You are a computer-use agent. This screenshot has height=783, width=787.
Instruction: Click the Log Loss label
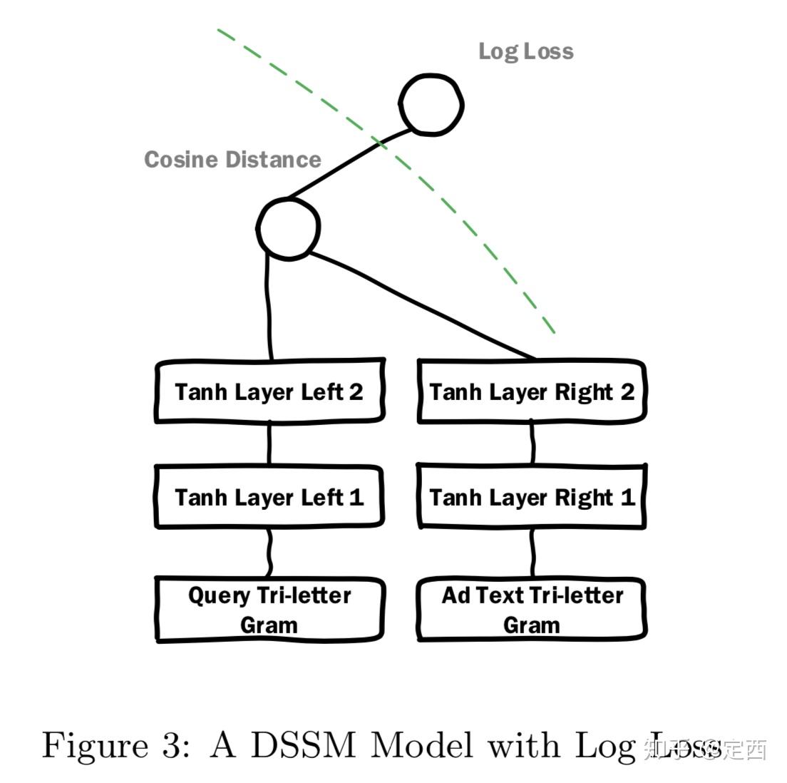525,51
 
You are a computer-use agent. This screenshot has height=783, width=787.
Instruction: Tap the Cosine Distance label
232,159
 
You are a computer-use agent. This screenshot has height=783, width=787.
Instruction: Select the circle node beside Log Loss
431,103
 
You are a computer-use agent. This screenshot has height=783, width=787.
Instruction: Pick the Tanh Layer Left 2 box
269,391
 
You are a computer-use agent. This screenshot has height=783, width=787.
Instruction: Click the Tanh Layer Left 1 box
269,497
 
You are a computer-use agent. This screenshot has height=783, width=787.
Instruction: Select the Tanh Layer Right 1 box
531,497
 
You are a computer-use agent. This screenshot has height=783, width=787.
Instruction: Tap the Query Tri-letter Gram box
269,610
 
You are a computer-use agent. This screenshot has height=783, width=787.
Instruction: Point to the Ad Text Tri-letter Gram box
531,610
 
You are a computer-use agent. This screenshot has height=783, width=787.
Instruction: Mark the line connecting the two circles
349,163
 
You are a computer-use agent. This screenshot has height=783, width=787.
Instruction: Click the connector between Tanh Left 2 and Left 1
269,444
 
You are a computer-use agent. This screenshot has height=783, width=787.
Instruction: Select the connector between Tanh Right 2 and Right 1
533,444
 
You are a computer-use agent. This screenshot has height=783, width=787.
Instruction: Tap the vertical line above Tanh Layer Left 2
269,307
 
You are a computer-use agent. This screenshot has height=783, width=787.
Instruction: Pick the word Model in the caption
422,746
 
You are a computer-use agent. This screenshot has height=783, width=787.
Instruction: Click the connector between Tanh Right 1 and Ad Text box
533,553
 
